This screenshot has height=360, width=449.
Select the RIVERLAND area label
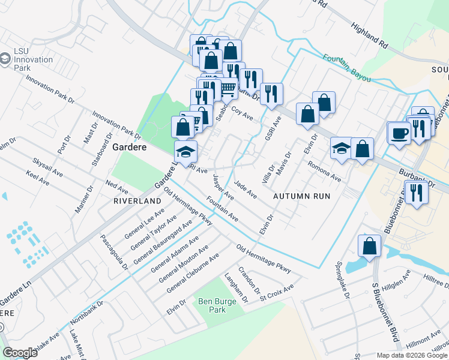click(x=137, y=200)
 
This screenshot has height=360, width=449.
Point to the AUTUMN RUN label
click(x=302, y=196)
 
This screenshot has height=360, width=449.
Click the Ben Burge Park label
click(x=212, y=305)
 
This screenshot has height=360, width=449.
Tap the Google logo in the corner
click(x=20, y=353)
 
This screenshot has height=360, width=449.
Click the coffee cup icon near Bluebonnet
click(x=399, y=133)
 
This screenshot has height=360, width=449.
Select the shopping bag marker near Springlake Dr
click(x=369, y=246)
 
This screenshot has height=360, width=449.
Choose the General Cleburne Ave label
click(x=193, y=272)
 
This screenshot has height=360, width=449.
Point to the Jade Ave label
click(x=245, y=190)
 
